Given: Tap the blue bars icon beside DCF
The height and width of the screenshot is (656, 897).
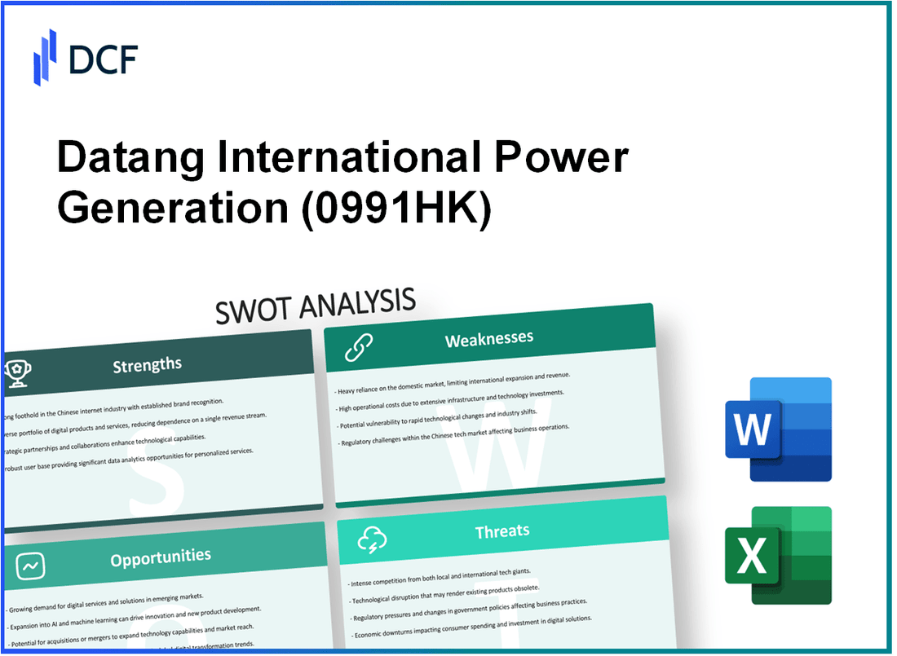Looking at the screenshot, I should tap(46, 57).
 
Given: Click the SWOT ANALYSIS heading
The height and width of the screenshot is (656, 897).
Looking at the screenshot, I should tap(316, 306).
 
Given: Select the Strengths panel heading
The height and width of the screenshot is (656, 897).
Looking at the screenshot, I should tap(147, 364).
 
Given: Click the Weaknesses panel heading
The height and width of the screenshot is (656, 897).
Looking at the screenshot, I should tap(489, 338).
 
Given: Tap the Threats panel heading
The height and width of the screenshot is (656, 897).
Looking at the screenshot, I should tap(502, 531).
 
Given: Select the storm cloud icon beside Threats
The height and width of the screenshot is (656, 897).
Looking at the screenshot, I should tap(372, 539).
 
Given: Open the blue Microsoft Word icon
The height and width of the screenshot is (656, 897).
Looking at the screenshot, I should tap(778, 429).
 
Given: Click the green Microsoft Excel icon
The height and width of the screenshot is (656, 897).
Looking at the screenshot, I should tap(778, 556).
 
